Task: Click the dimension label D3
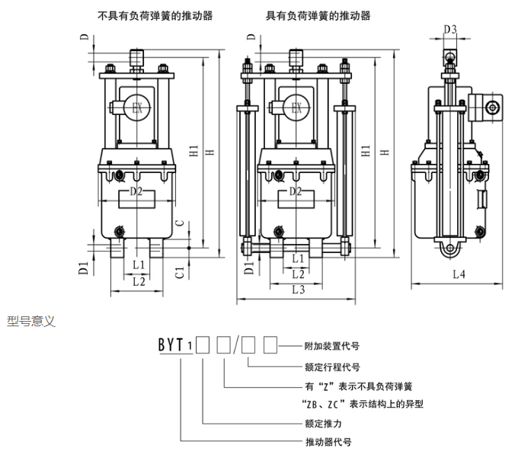pos(450,30)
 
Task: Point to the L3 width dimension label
pos(298,289)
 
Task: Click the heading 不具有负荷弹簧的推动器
pos(155,14)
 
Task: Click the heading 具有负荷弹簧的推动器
pos(318,14)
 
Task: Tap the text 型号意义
pos(31,321)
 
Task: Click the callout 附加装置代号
pos(331,345)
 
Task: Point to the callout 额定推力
pos(319,422)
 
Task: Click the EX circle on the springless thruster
pos(137,107)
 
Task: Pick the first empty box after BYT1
pos(202,345)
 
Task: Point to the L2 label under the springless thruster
pos(138,281)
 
